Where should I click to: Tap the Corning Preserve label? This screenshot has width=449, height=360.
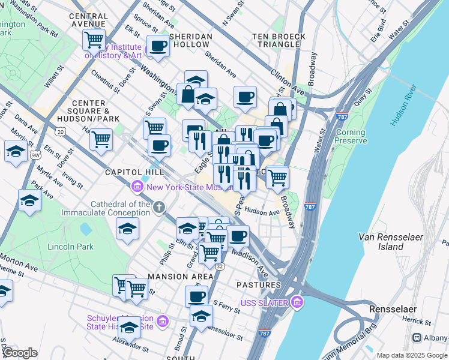tap(351, 137)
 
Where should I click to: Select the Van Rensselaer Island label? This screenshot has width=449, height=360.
tap(390, 242)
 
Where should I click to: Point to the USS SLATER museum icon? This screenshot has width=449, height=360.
tap(296, 302)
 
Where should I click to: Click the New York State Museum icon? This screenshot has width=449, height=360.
tap(137, 187)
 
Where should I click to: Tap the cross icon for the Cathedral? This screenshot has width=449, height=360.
tap(159, 208)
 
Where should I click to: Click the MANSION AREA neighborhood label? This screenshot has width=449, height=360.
tap(181, 277)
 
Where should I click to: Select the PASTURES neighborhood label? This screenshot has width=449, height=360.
tap(259, 284)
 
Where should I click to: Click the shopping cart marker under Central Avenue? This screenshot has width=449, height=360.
tap(94, 40)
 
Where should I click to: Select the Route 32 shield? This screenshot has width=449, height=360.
tap(220, 266)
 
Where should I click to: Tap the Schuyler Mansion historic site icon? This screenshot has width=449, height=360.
tap(161, 322)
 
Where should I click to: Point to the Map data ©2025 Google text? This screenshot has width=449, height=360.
tap(412, 355)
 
